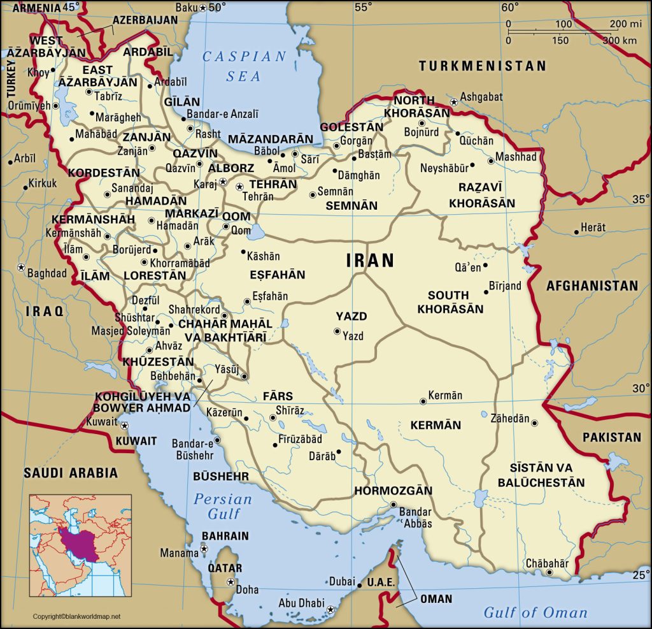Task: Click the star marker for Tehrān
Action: coord(239,187)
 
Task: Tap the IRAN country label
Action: coord(370,260)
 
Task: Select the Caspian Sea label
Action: coord(244,66)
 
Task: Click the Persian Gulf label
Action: coord(223,506)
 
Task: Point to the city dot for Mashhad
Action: coord(490,161)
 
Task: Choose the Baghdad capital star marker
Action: coord(21,266)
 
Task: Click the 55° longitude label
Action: coord(363,8)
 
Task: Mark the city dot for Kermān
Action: coord(423,401)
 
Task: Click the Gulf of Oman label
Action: coord(535,612)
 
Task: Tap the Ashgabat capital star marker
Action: coord(454,102)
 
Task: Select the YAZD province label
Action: coord(351,316)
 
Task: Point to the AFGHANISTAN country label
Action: coord(592,286)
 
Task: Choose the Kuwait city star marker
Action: coord(125,425)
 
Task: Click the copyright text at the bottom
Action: coord(76,616)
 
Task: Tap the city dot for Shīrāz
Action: coord(273,418)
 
